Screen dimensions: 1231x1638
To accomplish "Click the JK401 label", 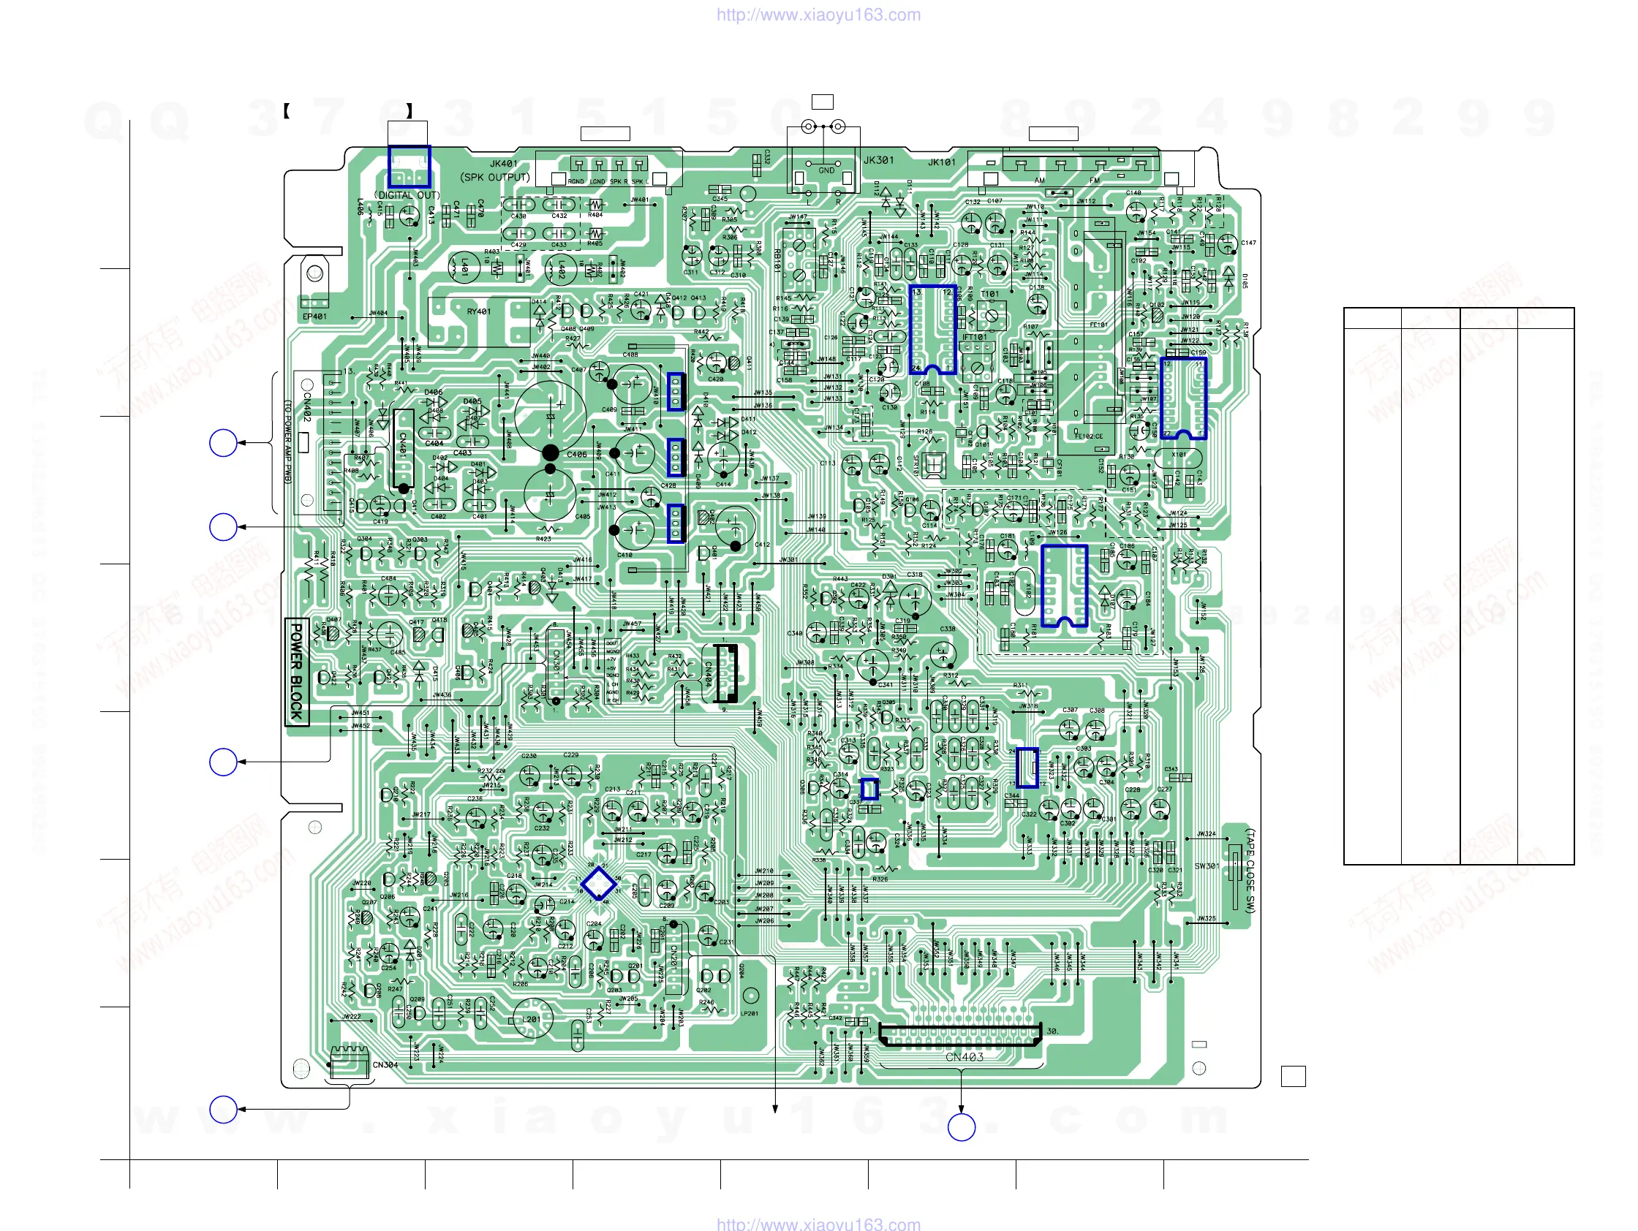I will pos(504,164).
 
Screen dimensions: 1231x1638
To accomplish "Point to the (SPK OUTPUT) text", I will pos(494,178).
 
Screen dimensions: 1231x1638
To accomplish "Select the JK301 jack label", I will pos(878,160).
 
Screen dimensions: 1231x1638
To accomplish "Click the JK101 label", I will pos(942,162).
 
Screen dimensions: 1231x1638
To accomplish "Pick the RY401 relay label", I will pos(478,311).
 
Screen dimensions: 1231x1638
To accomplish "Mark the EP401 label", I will pos(314,317).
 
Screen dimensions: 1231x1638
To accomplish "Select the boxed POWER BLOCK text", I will pos(297,671).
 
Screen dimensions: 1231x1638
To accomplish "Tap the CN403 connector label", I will pos(964,1057).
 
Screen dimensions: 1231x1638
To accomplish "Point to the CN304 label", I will pos(385,1065).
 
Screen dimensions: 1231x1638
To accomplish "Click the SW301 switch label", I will pos(1207,866).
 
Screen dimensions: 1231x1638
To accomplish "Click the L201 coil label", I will pos(532,1019).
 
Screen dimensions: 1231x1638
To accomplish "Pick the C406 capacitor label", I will pos(577,455).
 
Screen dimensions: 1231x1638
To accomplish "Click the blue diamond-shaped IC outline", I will pos(598,883).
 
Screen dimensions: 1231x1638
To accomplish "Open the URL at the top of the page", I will pos(818,15).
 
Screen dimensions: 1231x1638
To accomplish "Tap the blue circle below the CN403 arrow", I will pos(961,1127).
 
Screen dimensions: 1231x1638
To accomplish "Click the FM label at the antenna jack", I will pos(1095,181).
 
